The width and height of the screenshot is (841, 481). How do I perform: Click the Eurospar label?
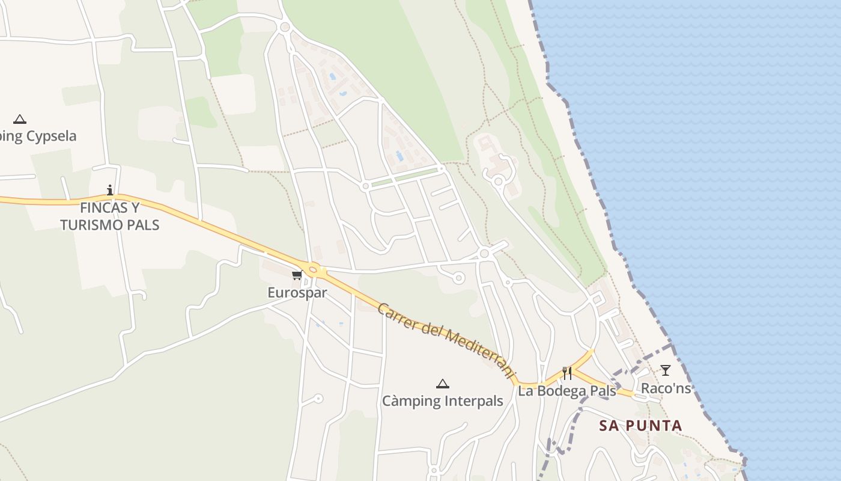pos(297,293)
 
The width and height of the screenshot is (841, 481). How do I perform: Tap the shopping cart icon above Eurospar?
pos(297,275)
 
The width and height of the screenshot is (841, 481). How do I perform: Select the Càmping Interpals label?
pos(443,401)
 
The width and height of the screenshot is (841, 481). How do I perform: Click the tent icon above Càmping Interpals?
pos(443,384)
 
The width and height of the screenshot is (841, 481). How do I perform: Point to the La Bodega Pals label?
pos(567,391)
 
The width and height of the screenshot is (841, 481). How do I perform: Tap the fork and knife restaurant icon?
pos(566,373)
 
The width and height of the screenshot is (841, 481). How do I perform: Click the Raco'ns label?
pos(666,388)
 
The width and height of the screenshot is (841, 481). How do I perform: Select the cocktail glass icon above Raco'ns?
pos(666,370)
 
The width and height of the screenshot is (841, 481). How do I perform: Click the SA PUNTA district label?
pos(640,426)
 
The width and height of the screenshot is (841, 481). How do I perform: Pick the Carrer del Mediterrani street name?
pos(447,340)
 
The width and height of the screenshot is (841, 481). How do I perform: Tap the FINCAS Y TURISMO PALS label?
pos(109,216)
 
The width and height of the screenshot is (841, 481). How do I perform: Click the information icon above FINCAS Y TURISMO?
pos(109,191)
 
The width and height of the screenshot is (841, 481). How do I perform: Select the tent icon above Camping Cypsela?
pos(20,119)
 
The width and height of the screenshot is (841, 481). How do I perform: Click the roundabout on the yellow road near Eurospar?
pos(312,269)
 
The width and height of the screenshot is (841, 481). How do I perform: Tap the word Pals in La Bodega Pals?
pos(602,391)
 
